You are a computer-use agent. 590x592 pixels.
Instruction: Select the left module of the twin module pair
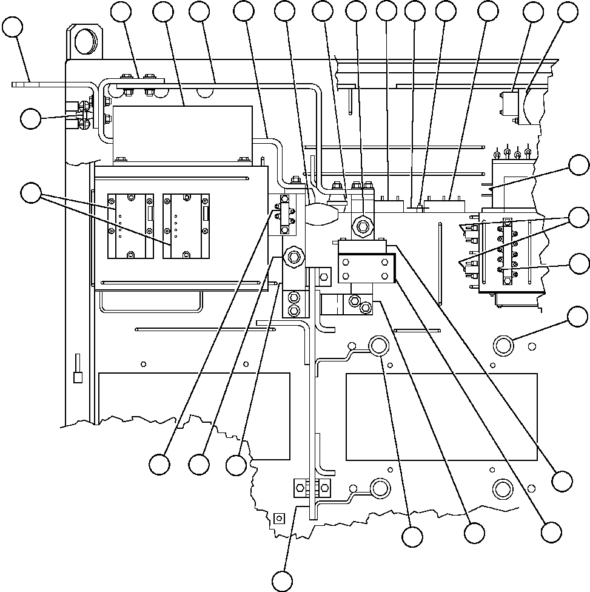pos(129,226)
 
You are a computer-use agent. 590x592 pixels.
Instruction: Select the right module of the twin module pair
pos(186,226)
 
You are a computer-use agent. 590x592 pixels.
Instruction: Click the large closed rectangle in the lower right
pos(441,417)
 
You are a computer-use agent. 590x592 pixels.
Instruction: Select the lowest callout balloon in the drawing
pos(282,580)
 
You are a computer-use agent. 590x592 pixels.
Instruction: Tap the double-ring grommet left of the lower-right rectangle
pos(378,346)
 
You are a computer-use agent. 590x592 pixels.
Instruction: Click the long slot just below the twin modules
pos(184,282)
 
